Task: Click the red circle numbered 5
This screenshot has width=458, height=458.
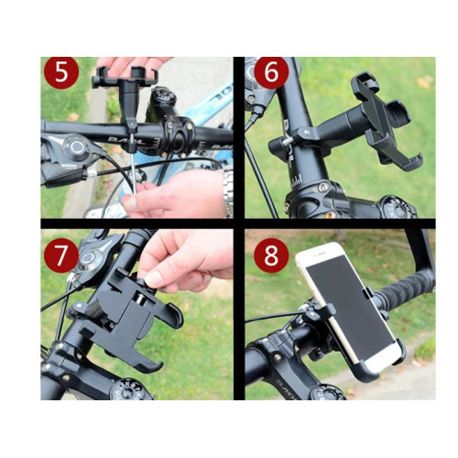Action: [61, 72]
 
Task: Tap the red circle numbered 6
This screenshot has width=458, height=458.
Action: [271, 72]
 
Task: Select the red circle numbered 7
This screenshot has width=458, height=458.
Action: [61, 256]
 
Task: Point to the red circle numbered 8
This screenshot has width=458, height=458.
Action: [271, 256]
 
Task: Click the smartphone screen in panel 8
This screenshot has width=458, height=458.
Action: [350, 309]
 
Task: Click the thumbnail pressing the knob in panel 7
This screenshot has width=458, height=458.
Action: [153, 278]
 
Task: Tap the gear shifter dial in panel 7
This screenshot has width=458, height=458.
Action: [89, 259]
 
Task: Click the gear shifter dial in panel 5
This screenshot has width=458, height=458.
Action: [75, 147]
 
